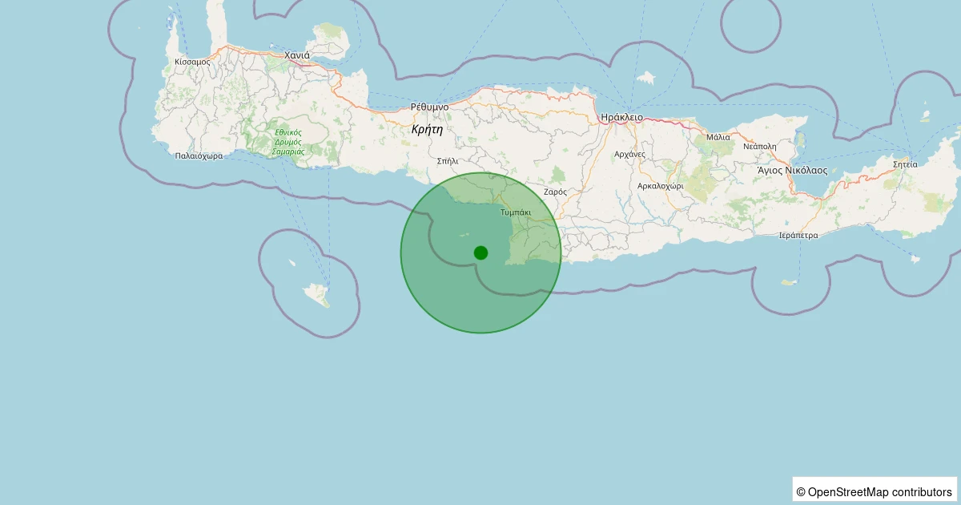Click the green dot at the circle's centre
[480, 252]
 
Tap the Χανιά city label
[297, 55]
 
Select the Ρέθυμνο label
[429, 107]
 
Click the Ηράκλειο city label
[621, 117]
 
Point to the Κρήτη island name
[427, 129]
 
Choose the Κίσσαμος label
[192, 62]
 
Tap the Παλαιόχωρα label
[199, 156]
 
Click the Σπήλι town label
[448, 160]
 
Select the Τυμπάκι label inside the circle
[515, 212]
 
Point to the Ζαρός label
[555, 192]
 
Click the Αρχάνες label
[629, 154]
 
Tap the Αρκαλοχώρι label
[660, 185]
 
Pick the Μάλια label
[718, 137]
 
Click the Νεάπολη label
[760, 147]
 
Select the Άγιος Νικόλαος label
[792, 171]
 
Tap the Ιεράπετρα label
[798, 236]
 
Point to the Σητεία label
[905, 164]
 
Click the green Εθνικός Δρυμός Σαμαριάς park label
[288, 142]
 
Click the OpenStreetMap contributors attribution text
[875, 491]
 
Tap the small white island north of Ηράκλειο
[646, 79]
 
